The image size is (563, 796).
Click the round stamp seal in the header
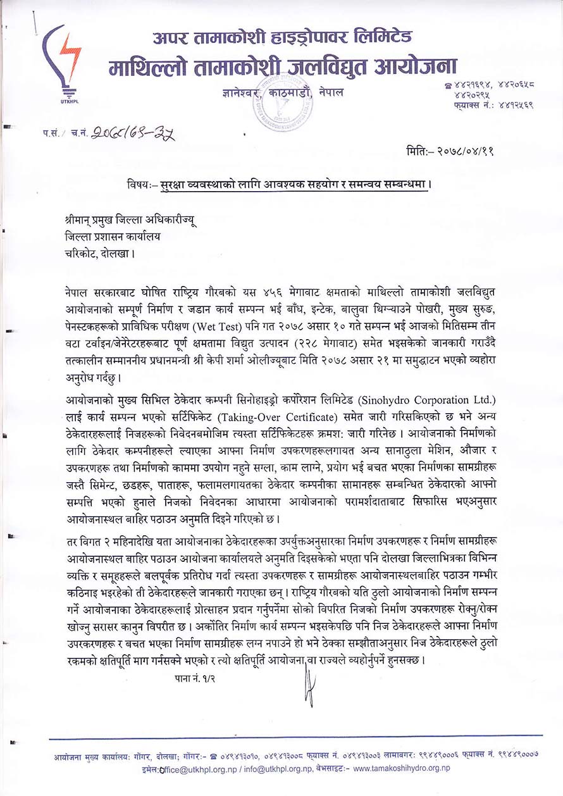point(281,98)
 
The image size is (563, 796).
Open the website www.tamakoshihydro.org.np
point(401,768)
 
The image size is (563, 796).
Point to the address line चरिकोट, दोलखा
point(99,252)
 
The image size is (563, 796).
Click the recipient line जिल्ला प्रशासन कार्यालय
point(113,237)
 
